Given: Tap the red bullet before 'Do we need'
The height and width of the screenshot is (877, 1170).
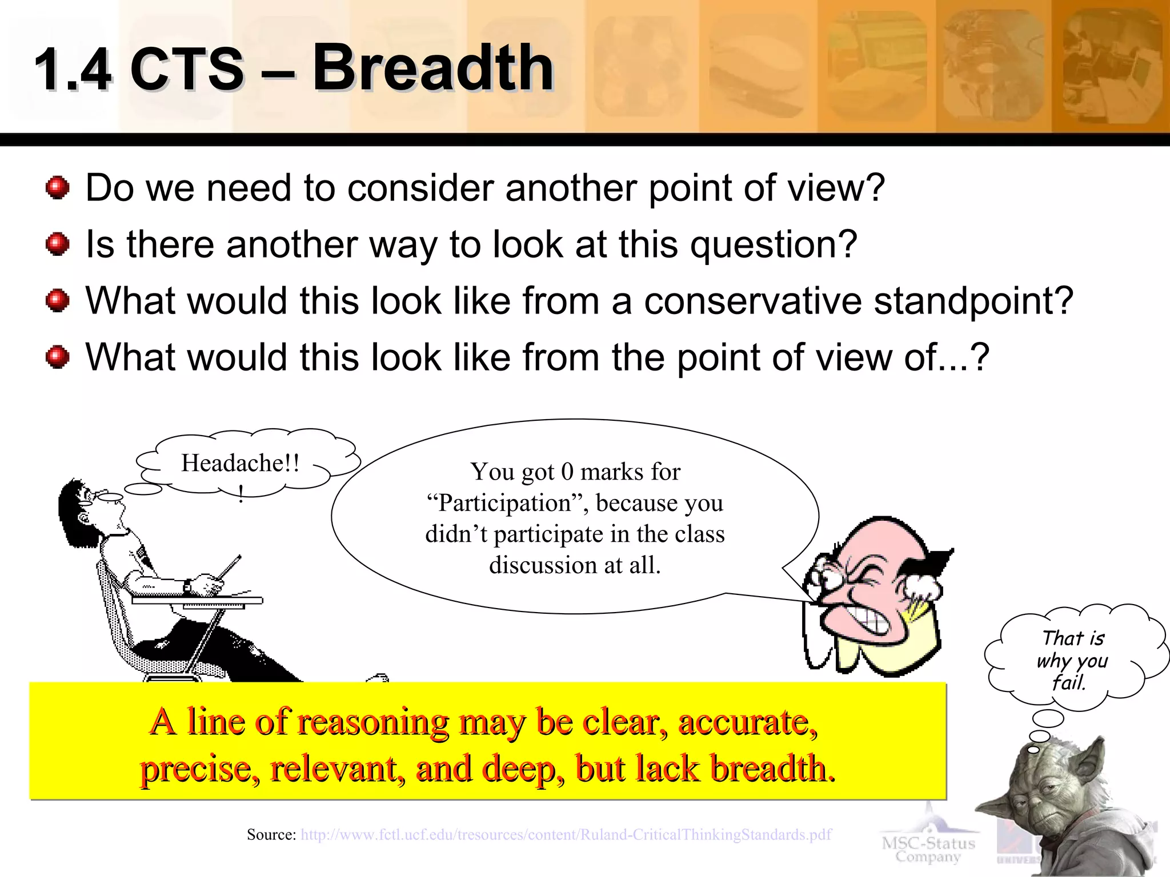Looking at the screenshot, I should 57,188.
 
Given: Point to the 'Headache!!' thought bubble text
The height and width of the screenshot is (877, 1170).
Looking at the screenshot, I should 240,463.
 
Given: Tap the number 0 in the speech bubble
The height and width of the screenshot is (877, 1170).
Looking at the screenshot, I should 567,472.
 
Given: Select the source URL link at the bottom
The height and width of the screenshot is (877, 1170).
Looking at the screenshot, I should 566,835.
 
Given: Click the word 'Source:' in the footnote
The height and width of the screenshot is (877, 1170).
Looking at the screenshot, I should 271,835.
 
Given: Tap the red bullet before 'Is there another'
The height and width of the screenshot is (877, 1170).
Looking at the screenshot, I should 57,244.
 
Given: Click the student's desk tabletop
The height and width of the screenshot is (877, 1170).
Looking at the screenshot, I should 197,600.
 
